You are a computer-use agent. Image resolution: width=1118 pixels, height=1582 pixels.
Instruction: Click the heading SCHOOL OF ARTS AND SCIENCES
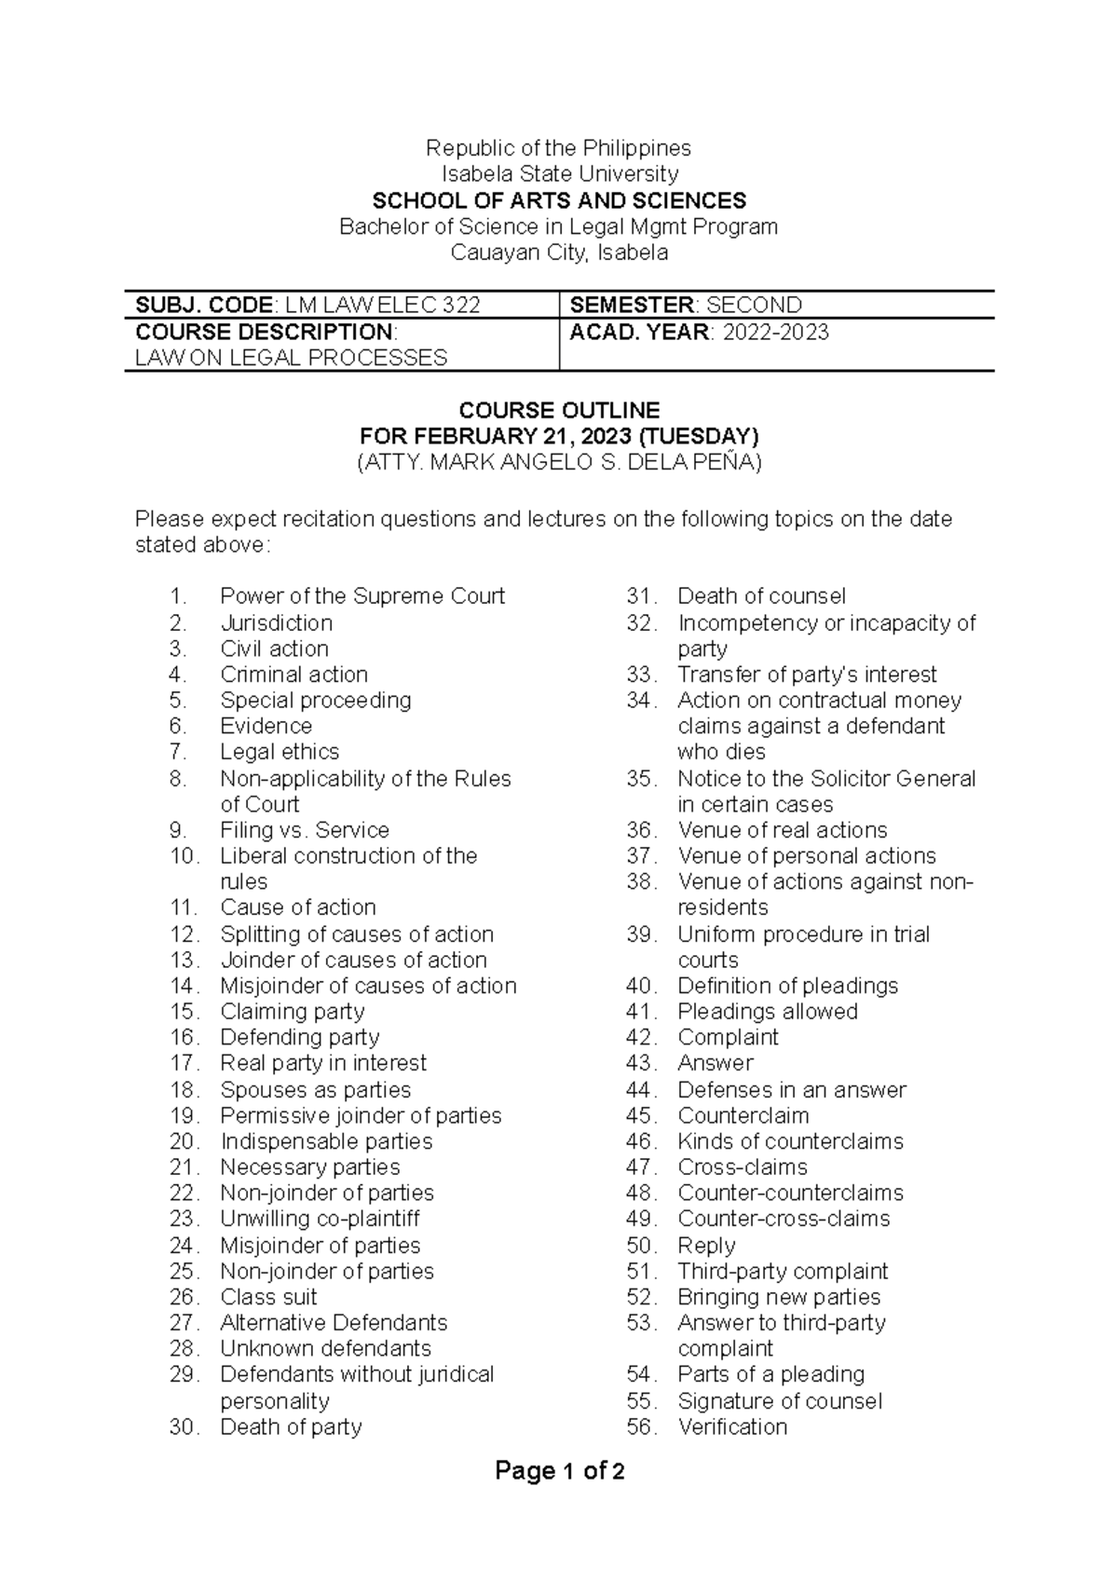pyautogui.click(x=559, y=200)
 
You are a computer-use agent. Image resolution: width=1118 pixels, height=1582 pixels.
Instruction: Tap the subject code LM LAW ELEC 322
pyautogui.click(x=382, y=305)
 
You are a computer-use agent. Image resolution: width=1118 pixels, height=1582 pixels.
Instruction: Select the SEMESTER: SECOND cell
pyautogui.click(x=686, y=305)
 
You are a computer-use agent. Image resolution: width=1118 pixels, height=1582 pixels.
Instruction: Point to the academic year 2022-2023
pyautogui.click(x=775, y=333)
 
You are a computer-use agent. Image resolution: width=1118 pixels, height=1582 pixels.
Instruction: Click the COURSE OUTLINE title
pyautogui.click(x=559, y=410)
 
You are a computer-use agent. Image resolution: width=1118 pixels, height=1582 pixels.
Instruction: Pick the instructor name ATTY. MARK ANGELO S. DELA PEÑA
pyautogui.click(x=559, y=462)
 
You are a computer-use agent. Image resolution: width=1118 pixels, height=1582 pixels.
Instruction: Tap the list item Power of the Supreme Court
pyautogui.click(x=362, y=596)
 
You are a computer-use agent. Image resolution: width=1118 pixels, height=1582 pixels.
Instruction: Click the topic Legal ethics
pyautogui.click(x=279, y=752)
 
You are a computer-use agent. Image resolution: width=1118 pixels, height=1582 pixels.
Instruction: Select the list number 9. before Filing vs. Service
pyautogui.click(x=179, y=830)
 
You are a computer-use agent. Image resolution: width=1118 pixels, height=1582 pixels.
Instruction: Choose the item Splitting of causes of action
pyautogui.click(x=357, y=934)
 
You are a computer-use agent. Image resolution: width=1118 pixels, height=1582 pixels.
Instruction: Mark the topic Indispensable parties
pyautogui.click(x=326, y=1141)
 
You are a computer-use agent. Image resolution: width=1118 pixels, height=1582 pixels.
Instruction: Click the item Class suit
pyautogui.click(x=268, y=1297)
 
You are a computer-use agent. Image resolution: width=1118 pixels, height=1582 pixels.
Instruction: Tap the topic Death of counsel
pyautogui.click(x=761, y=596)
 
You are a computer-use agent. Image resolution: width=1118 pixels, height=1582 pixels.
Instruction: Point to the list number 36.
pyautogui.click(x=642, y=830)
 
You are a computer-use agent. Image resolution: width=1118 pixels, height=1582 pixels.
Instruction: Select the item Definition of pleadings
pyautogui.click(x=787, y=986)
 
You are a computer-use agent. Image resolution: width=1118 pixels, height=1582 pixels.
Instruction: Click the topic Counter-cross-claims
pyautogui.click(x=784, y=1219)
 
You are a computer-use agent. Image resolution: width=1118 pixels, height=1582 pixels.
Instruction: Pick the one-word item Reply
pyautogui.click(x=706, y=1246)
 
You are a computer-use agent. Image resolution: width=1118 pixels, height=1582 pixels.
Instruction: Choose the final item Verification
pyautogui.click(x=732, y=1426)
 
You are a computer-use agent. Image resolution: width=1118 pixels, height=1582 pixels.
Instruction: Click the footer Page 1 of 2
pyautogui.click(x=559, y=1472)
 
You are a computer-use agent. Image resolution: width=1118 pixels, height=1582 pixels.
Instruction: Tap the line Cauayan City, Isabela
pyautogui.click(x=559, y=252)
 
